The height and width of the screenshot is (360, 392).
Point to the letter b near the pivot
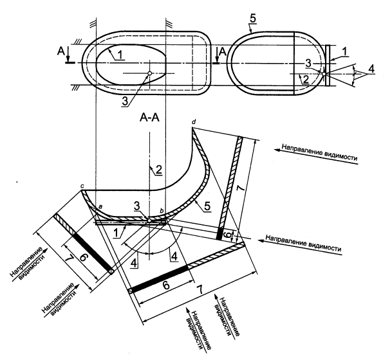pos(162,210)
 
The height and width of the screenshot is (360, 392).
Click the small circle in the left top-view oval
pos(149,73)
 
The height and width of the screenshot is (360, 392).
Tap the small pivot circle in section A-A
pos(149,219)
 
